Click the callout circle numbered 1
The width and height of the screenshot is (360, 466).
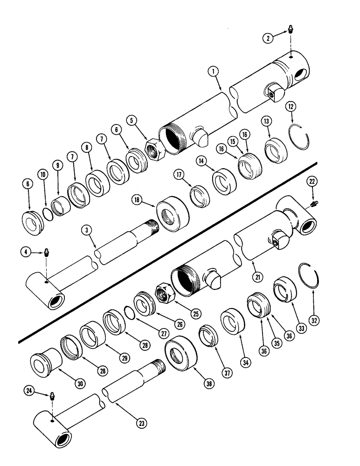tap(213, 72)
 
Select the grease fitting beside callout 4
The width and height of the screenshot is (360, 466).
tap(48, 254)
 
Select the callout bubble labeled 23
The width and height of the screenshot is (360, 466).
tap(141, 423)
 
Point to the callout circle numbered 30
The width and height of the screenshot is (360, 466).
tap(80, 384)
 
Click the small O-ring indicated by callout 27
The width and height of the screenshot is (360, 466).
tap(131, 311)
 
